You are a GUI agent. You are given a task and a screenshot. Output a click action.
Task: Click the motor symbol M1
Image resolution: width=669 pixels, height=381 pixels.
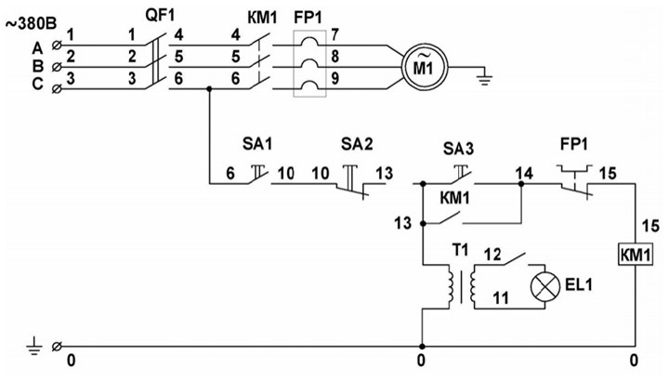tap(424, 67)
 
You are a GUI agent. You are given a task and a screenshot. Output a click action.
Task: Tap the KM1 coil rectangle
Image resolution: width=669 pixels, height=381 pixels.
tap(636, 256)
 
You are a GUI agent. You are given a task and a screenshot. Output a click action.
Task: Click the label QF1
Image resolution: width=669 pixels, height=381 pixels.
tap(161, 16)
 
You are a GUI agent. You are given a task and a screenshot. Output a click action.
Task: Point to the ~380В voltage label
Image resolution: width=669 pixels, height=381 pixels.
tap(31, 24)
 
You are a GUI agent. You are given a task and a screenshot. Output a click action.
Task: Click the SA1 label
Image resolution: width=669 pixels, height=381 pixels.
tap(257, 144)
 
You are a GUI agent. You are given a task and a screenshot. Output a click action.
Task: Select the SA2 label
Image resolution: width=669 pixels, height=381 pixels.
tap(357, 144)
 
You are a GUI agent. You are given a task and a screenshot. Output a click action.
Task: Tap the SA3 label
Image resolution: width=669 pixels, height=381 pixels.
tap(458, 149)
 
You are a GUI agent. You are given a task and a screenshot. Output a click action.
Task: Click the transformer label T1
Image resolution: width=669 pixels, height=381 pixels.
tap(461, 250)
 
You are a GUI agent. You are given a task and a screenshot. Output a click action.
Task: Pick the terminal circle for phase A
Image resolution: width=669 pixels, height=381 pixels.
tap(57, 45)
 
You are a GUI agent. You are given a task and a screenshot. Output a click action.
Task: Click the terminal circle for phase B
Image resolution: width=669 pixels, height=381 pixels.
tap(57, 67)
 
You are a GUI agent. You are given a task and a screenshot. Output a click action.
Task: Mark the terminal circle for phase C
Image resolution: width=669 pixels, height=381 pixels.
tap(57, 89)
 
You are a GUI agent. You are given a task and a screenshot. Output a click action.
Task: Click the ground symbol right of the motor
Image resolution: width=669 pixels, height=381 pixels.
tap(484, 78)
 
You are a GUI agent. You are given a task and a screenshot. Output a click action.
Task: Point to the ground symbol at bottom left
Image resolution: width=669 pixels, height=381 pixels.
tap(35, 346)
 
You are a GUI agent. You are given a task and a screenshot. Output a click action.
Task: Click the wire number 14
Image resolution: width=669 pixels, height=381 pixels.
tap(524, 173)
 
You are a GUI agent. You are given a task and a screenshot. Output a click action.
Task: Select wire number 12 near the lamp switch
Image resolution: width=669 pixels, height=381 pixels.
tap(492, 255)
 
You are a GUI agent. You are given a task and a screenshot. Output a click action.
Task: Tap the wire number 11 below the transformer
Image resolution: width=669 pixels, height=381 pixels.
tap(501, 297)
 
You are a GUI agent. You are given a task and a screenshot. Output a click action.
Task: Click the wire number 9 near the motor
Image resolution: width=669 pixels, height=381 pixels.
tap(335, 78)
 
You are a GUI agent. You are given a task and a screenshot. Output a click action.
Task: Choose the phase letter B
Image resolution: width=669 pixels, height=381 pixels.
tap(37, 67)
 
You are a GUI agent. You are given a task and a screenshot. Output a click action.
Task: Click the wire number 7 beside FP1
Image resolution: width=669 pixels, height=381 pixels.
tap(334, 34)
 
